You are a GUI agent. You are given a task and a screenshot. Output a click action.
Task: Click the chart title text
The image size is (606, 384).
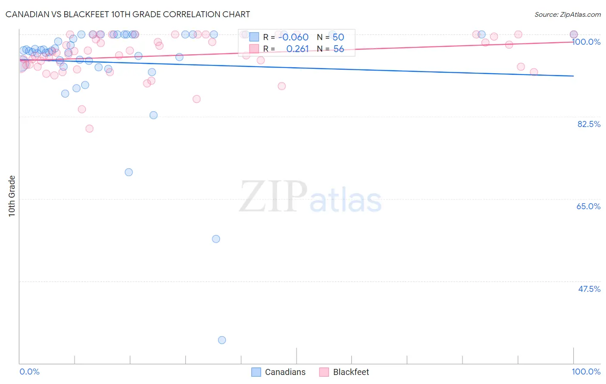[x=128, y=14]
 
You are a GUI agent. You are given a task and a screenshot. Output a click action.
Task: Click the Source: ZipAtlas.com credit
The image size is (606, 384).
[x=567, y=14]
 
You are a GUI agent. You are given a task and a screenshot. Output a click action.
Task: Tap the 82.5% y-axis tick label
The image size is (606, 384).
[x=588, y=124]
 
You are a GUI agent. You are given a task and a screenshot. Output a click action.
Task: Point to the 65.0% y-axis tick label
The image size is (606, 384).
[x=588, y=206]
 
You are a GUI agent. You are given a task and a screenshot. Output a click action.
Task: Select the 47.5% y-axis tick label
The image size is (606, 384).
[x=589, y=289]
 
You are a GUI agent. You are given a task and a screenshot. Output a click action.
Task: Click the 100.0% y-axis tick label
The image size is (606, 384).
[x=586, y=42]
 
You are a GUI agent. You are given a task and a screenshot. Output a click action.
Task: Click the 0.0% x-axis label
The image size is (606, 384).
[x=29, y=372]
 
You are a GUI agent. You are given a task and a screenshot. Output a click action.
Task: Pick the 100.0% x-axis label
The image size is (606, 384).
[x=586, y=372]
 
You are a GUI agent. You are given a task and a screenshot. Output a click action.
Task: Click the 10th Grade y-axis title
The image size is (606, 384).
[x=12, y=196]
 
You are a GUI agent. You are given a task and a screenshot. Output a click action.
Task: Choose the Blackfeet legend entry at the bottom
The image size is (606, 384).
[x=344, y=372]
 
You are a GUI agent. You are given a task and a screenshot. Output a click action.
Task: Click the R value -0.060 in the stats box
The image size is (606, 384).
[x=293, y=37]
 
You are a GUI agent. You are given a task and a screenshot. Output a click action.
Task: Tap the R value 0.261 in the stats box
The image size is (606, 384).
[x=297, y=49]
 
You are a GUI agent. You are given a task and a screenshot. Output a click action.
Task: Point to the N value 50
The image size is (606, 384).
[x=338, y=37]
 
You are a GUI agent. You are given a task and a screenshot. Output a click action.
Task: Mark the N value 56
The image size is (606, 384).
[x=338, y=49]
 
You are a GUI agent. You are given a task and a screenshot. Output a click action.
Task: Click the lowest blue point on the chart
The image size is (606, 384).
[x=222, y=340]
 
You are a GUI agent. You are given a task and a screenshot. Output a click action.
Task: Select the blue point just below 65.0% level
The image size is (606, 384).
[x=216, y=239]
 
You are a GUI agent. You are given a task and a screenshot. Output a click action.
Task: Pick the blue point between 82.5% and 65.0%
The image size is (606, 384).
[x=128, y=172]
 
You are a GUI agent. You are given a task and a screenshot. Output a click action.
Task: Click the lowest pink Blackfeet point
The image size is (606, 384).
[x=89, y=128]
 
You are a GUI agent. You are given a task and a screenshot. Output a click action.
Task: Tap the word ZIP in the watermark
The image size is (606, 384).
[x=273, y=197]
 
